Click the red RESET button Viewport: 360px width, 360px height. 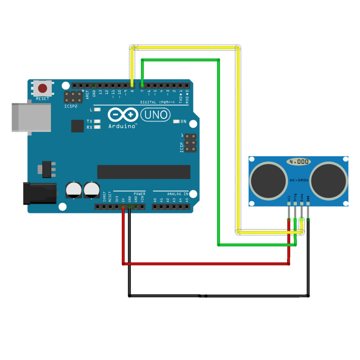(x=43, y=88)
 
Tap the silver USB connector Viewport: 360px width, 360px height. (x=31, y=117)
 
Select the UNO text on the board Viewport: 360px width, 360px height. (x=156, y=115)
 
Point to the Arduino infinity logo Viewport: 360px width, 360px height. (x=123, y=115)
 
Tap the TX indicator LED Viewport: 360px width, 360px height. (x=96, y=121)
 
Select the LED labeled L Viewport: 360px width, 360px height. (x=96, y=110)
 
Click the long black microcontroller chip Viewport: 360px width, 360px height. (x=144, y=171)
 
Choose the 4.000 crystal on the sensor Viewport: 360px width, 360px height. (x=299, y=161)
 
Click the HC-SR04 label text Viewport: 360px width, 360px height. (x=299, y=180)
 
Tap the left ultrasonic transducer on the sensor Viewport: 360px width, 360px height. (x=268, y=181)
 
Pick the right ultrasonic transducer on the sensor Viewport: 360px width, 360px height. (x=329, y=181)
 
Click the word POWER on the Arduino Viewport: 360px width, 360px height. (x=139, y=193)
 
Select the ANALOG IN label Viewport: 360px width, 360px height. (x=177, y=193)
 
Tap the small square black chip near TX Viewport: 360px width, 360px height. (x=78, y=126)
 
